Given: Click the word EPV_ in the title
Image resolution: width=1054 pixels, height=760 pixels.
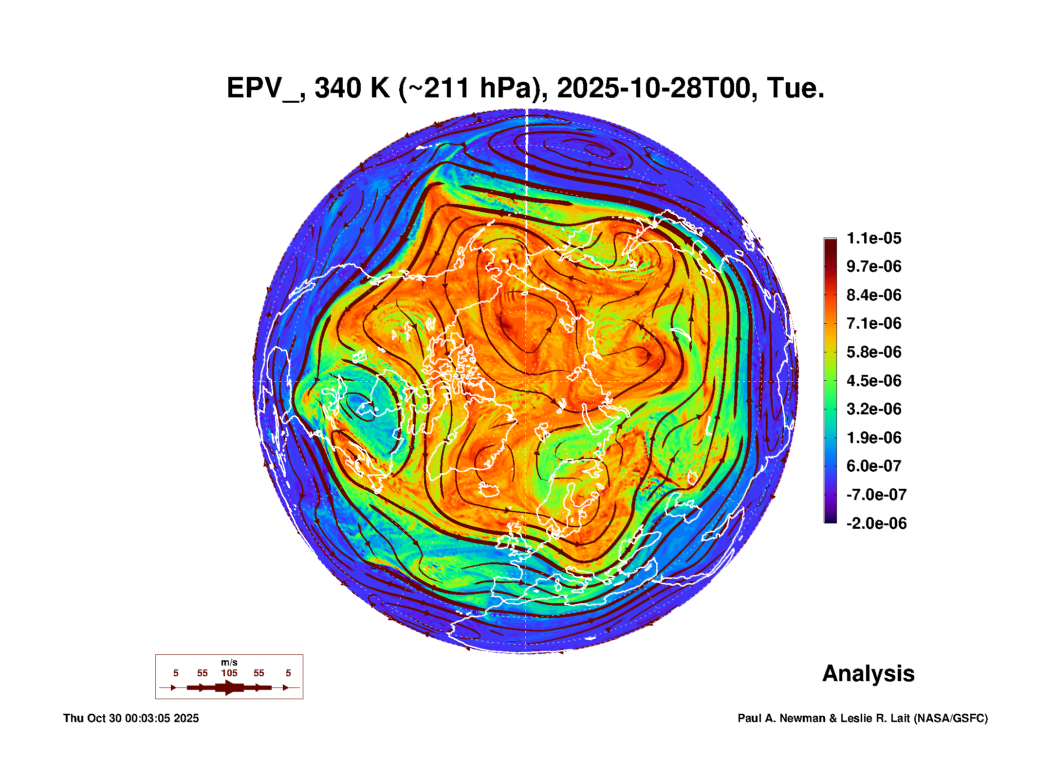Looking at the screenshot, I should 263,89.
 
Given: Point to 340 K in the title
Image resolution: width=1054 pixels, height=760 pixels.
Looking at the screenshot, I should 351,89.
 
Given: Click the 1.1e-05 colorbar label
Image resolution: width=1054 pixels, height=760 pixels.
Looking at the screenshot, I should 874,238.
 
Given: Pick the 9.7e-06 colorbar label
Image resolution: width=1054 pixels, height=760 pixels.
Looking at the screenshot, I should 874,266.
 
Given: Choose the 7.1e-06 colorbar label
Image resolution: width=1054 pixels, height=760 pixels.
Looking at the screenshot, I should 874,323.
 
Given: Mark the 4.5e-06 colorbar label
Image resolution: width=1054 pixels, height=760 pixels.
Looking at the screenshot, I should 874,380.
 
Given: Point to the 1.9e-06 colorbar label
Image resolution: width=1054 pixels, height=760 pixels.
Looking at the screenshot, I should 874,437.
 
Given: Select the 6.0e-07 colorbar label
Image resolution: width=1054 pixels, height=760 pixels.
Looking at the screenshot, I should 874,466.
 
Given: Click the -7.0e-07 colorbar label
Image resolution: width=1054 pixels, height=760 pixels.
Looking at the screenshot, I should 876,495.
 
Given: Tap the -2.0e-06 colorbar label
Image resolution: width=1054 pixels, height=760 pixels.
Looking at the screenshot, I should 876,523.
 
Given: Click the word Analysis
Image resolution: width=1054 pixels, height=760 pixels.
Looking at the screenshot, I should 868,673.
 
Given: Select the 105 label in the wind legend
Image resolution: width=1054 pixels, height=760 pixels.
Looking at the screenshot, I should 229,673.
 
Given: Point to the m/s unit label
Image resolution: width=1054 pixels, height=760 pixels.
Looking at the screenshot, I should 229,662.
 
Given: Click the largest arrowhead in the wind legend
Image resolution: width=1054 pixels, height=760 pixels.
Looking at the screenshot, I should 229,687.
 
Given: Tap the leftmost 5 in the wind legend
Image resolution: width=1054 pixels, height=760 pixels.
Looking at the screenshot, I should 176,673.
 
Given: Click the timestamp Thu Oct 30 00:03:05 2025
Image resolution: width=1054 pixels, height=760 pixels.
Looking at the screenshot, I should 131,718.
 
